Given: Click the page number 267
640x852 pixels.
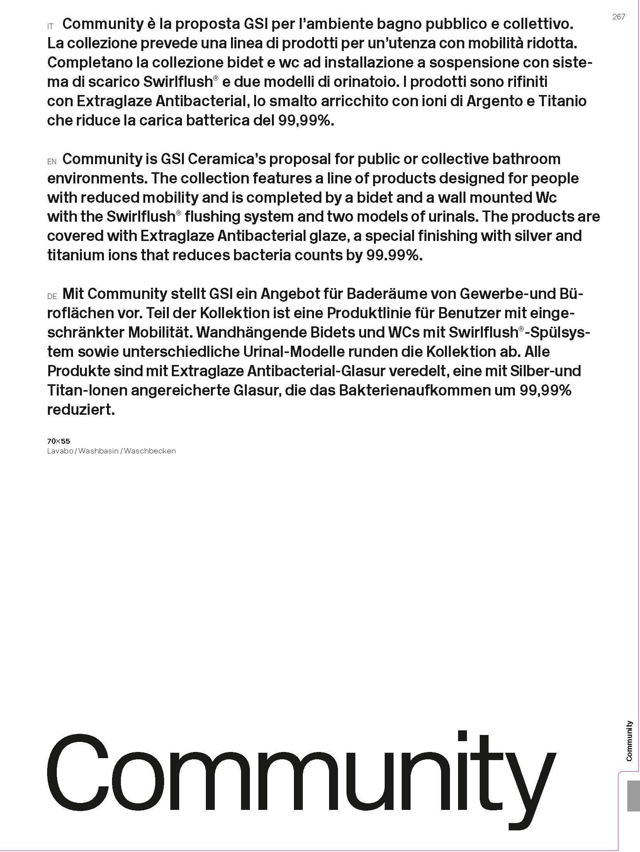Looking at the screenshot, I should [x=618, y=17].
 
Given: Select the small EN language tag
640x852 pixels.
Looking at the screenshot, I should [x=52, y=162].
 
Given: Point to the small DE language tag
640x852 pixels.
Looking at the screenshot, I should [x=52, y=297].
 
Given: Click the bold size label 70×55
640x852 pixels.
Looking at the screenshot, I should [x=58, y=441].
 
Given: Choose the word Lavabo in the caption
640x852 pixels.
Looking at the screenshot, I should [x=60, y=451].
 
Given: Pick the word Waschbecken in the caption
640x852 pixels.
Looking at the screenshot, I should [x=150, y=451].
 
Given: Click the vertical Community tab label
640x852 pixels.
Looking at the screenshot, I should [x=629, y=746].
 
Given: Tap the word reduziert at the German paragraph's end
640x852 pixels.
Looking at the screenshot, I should [x=81, y=409].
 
